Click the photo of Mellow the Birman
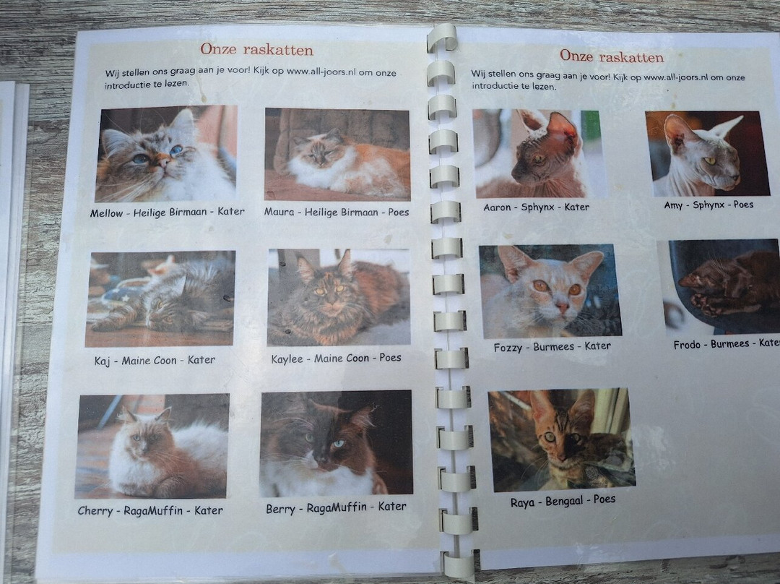point(166,154)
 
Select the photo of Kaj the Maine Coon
point(160,299)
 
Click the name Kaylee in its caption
point(287,359)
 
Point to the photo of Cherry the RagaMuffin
point(152,446)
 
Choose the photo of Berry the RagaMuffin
point(337,443)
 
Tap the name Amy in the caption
point(673,205)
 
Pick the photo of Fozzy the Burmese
point(550,291)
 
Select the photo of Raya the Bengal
point(561,439)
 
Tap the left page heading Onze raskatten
point(256,50)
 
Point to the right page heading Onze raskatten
point(612,56)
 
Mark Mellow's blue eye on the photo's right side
point(176,150)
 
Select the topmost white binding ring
point(442,38)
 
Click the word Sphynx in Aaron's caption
point(537,207)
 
